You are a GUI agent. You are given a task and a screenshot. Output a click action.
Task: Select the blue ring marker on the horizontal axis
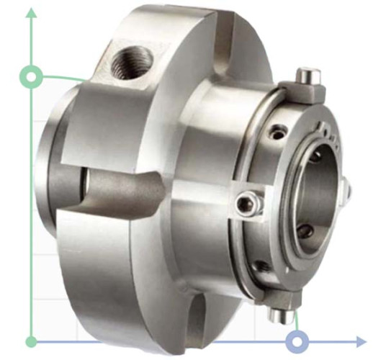(x=296, y=341)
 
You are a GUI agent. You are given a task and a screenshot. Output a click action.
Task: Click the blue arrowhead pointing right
(x=360, y=341)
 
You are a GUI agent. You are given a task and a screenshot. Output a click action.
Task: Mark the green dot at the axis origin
(x=31, y=341)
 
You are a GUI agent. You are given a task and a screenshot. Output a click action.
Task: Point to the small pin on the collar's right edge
(x=347, y=190)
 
